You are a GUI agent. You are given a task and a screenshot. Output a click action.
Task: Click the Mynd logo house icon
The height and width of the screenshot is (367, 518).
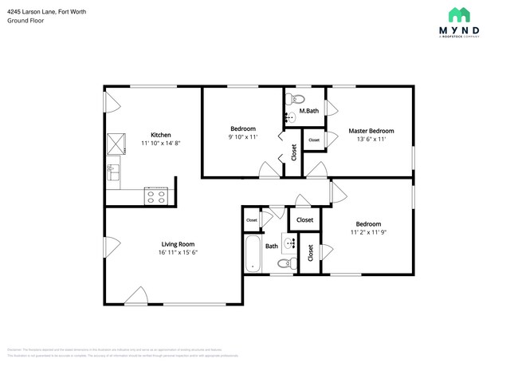(x=458, y=15)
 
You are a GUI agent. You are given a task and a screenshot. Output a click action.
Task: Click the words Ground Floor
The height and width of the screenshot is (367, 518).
(x=26, y=21)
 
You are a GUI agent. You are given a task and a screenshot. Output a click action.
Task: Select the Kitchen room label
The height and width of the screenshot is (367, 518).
(x=162, y=135)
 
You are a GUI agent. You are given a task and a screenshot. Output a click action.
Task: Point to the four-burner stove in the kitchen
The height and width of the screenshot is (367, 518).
(x=155, y=195)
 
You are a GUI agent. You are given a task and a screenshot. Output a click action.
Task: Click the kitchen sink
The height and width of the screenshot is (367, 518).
(x=112, y=168)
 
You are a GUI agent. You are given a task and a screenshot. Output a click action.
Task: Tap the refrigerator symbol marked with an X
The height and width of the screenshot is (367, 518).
(x=116, y=142)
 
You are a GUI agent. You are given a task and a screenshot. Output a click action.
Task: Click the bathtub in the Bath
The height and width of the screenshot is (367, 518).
(x=253, y=254)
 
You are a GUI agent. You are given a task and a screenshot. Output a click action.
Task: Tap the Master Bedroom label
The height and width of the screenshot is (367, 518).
(x=371, y=131)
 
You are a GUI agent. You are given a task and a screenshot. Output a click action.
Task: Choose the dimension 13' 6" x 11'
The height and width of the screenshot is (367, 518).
(x=371, y=140)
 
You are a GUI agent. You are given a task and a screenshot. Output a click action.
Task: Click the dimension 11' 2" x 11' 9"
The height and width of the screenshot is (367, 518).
(x=368, y=233)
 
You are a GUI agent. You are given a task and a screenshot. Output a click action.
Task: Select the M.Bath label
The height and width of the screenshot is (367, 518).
(x=309, y=111)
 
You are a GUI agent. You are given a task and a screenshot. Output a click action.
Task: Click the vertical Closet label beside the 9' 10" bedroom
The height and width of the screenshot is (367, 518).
(x=294, y=152)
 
